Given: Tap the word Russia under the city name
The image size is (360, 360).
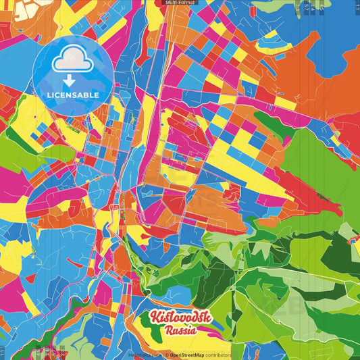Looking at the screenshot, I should click(x=180, y=330).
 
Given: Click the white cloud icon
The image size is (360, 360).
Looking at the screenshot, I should click(x=73, y=63).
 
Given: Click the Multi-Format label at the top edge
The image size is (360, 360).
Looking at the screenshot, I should click(x=180, y=3).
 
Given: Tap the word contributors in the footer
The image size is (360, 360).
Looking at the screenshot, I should click(x=218, y=355).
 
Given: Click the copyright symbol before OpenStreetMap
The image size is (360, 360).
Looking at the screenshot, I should click(x=166, y=355).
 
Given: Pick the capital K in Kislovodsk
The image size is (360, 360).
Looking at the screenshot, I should click(x=155, y=318).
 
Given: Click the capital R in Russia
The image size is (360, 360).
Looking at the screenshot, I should click(x=168, y=330).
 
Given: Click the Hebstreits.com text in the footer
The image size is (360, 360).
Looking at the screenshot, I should click(x=143, y=355).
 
